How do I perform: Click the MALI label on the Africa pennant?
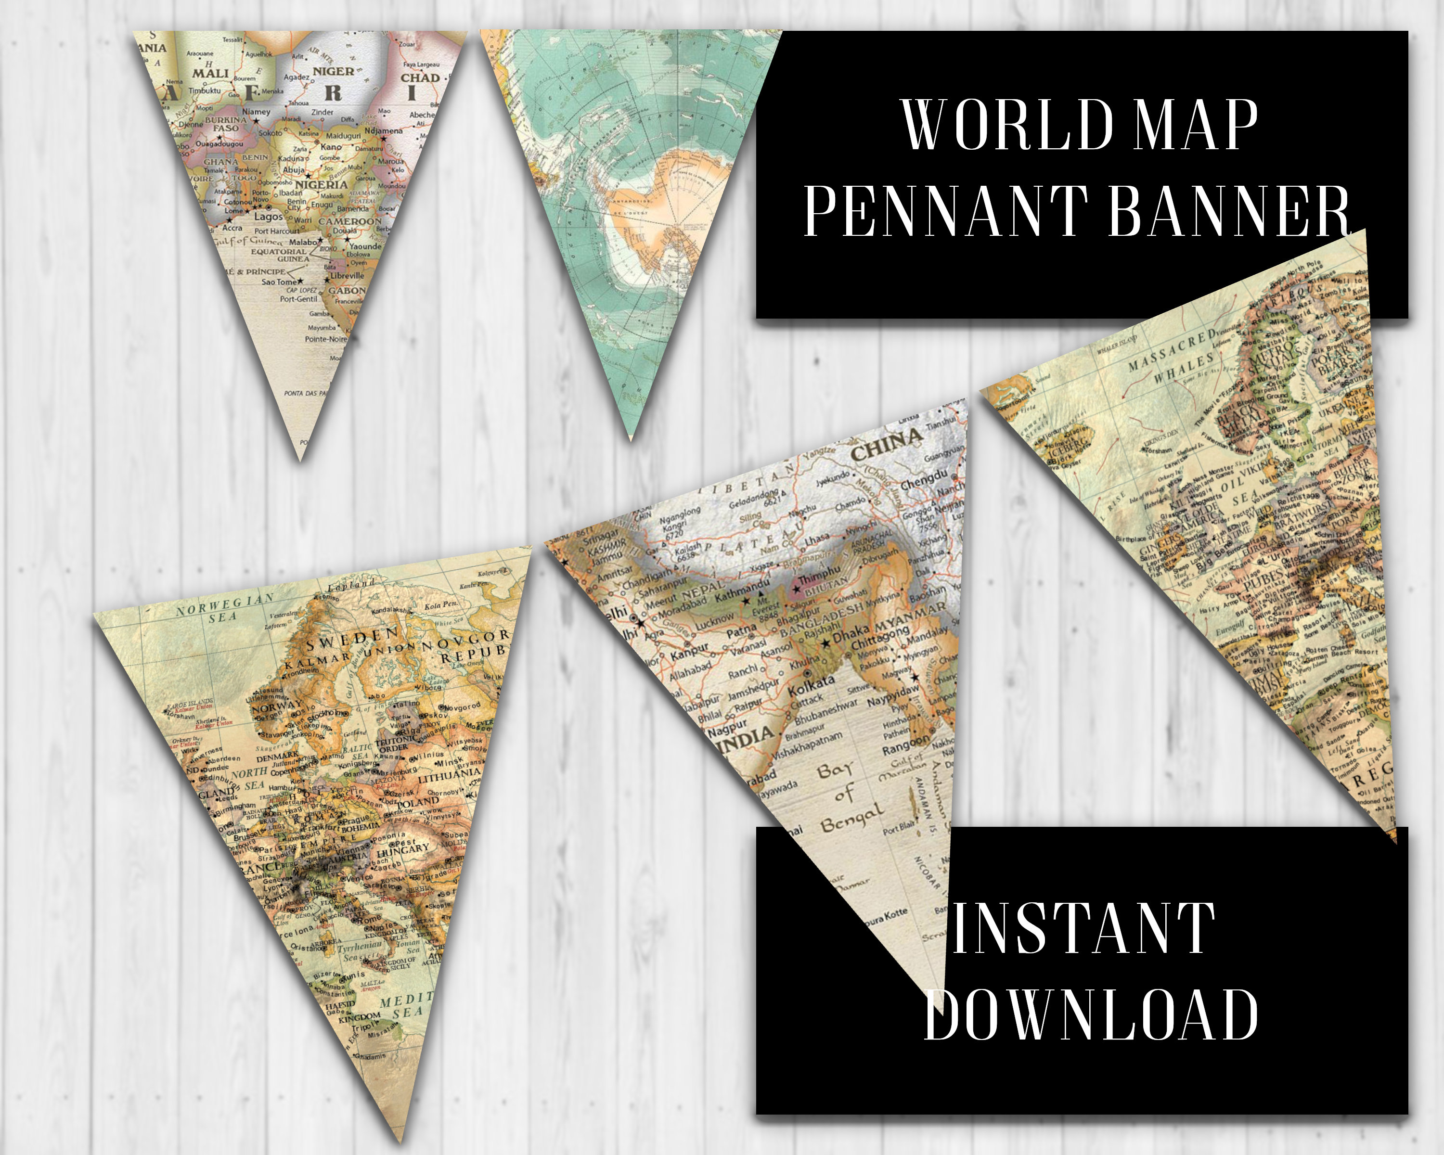click(x=210, y=73)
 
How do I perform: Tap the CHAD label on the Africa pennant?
click(x=420, y=77)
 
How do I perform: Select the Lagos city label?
click(x=268, y=216)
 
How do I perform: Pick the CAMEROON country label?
click(x=349, y=221)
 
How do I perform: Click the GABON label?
click(x=346, y=291)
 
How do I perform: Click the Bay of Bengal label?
click(x=847, y=797)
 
